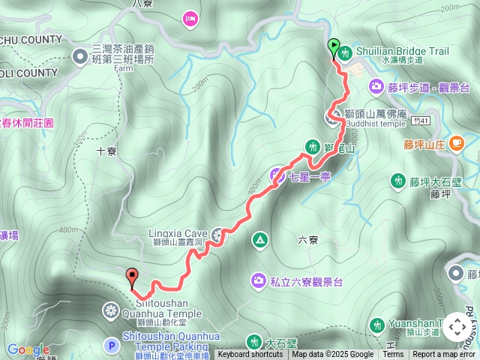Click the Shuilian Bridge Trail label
tap(405, 51)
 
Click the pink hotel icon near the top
tap(190, 16)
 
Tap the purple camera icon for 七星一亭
tap(276, 175)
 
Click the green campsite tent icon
tap(259, 240)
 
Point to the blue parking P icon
tap(112, 346)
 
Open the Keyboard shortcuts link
tap(250, 355)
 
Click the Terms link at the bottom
tap(393, 355)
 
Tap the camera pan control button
tap(456, 327)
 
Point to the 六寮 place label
tap(308, 241)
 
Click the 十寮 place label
tap(107, 151)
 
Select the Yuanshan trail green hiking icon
tap(378, 325)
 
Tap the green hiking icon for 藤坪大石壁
tap(397, 180)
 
